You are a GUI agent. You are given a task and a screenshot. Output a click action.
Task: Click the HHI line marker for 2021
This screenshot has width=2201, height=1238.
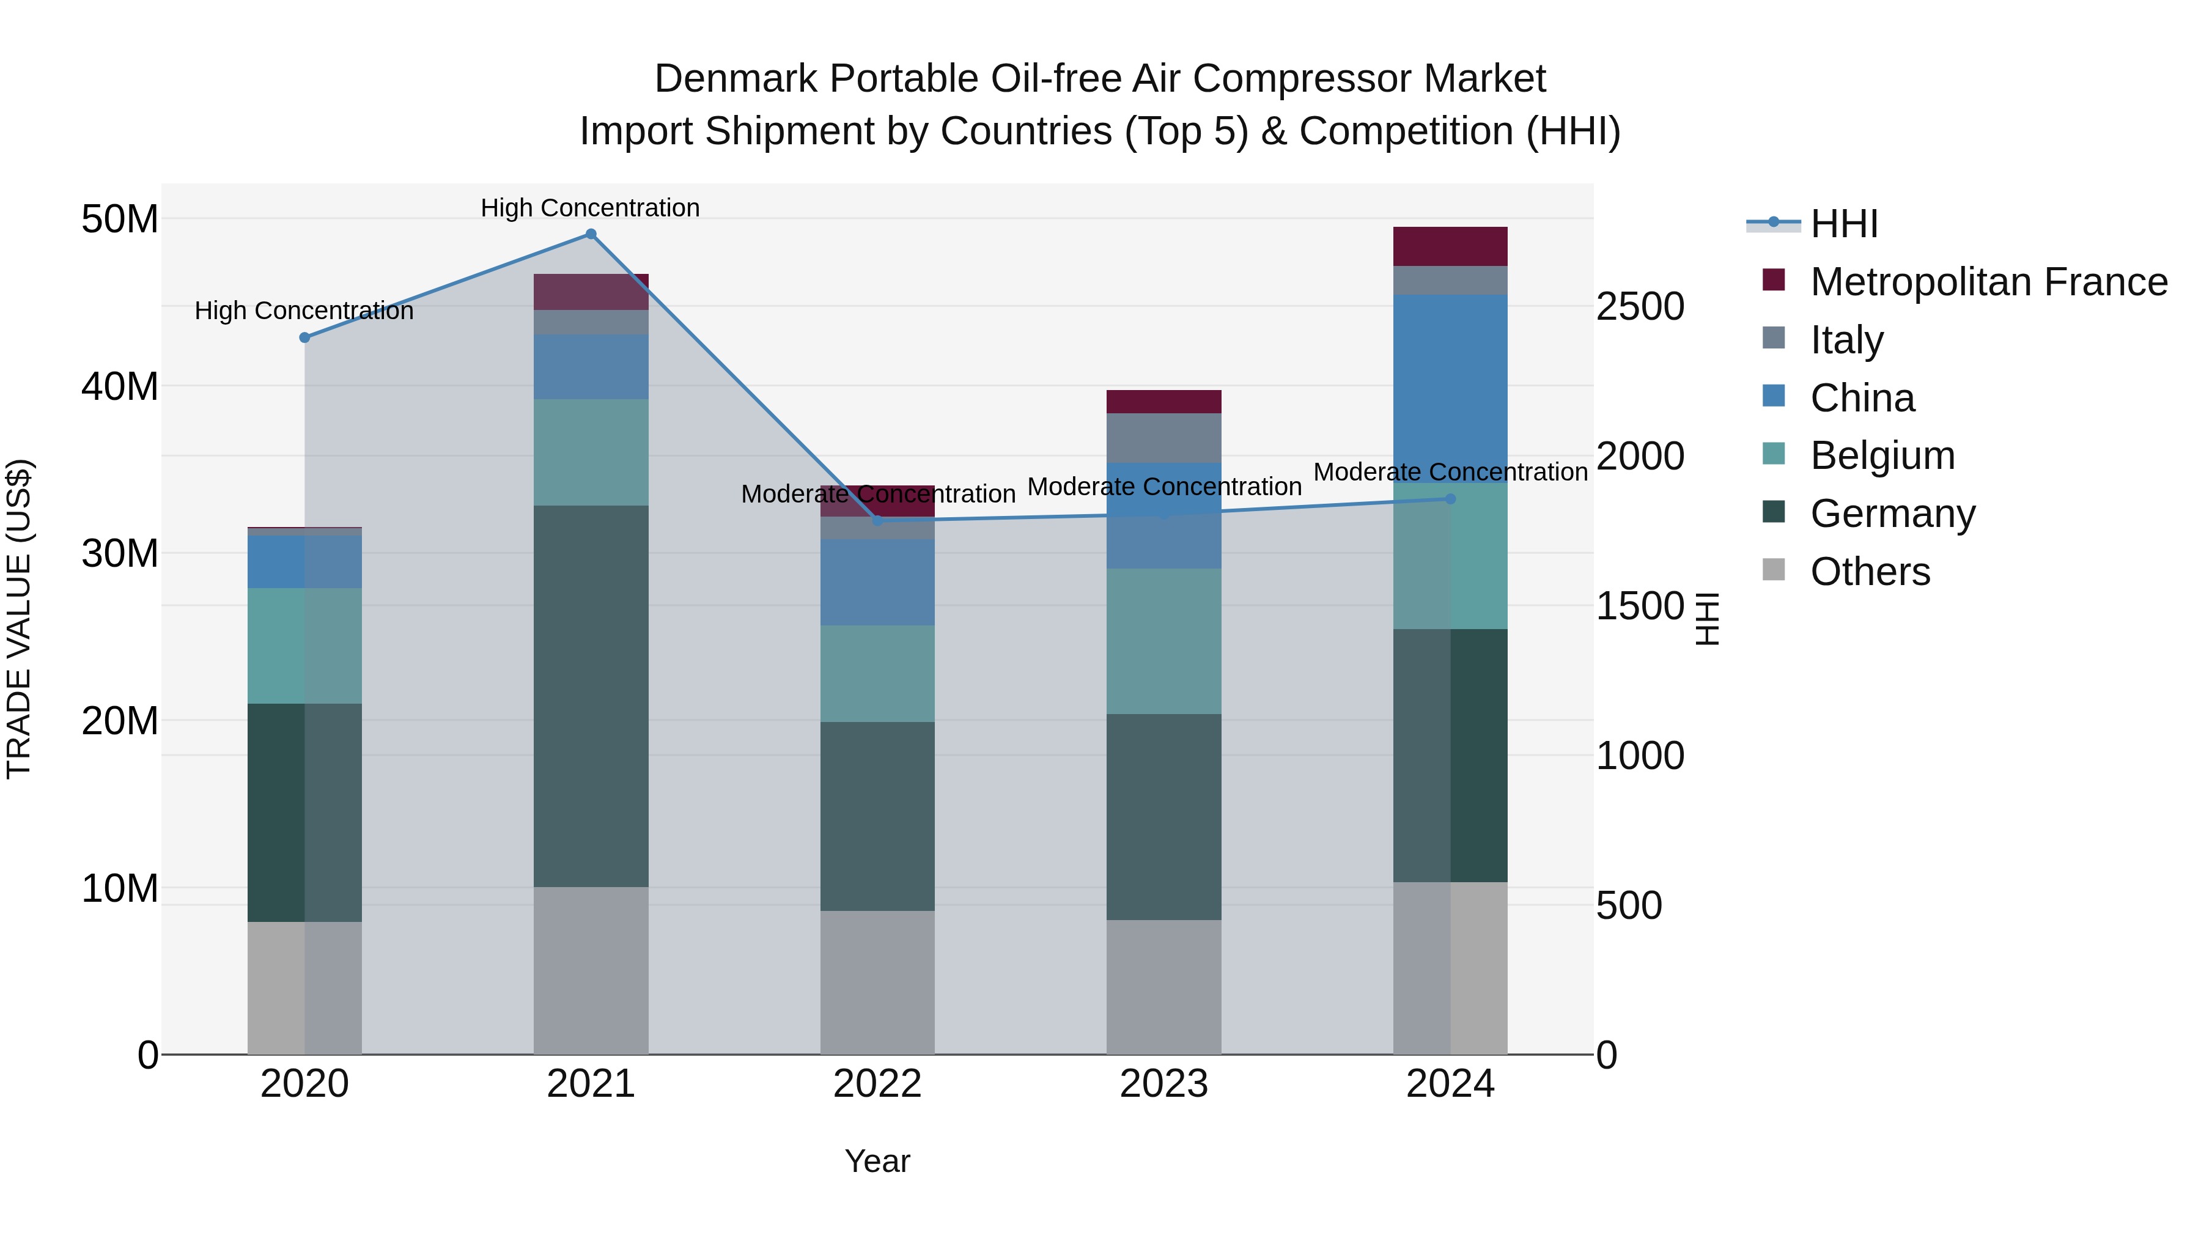(x=591, y=234)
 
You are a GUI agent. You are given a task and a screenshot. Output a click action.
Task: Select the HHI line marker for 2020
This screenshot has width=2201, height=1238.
(x=305, y=337)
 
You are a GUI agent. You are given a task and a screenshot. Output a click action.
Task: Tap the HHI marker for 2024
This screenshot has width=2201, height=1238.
(x=1450, y=499)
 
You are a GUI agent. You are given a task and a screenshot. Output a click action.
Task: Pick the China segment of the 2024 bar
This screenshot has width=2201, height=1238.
(x=1450, y=389)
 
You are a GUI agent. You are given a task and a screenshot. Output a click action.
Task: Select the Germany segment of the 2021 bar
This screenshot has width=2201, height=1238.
(x=591, y=696)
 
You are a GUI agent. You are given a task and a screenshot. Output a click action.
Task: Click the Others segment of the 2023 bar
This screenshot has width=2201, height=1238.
(x=1163, y=987)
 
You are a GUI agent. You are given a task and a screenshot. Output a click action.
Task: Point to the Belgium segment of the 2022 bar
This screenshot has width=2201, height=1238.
(x=877, y=673)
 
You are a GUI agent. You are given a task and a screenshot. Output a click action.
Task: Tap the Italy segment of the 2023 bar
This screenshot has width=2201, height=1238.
(x=1163, y=438)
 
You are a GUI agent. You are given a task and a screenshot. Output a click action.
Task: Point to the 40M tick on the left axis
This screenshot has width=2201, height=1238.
(x=120, y=387)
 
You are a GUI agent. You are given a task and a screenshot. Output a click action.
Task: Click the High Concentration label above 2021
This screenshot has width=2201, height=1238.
(x=591, y=208)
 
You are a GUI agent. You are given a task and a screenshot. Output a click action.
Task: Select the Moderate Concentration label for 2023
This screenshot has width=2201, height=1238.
(x=1163, y=487)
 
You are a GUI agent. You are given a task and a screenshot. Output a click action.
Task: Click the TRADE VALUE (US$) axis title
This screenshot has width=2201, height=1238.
(x=19, y=619)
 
